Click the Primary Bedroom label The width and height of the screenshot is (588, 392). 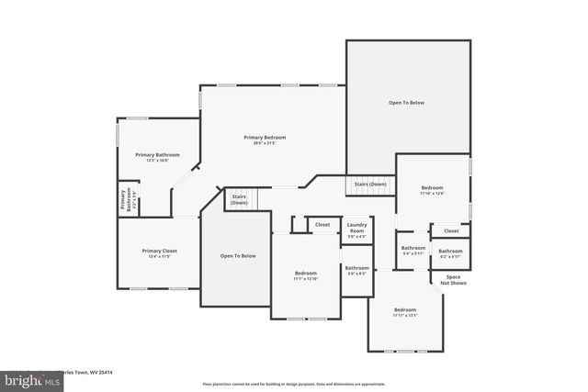click(x=265, y=137)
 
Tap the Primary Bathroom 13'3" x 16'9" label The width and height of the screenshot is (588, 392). click(x=157, y=155)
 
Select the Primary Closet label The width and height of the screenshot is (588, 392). click(x=159, y=251)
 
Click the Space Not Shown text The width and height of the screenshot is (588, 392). click(x=454, y=280)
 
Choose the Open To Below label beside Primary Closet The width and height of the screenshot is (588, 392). click(x=238, y=255)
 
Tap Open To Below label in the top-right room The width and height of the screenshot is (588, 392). click(x=407, y=103)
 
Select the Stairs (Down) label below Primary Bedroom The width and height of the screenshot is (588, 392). click(x=239, y=199)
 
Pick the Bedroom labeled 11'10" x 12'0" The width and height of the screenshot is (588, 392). click(x=432, y=187)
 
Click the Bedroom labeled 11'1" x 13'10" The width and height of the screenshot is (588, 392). click(x=306, y=274)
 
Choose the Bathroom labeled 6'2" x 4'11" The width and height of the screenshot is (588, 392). click(x=450, y=252)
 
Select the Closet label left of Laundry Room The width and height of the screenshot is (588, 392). click(x=322, y=224)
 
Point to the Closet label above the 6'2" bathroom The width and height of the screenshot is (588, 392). click(x=451, y=230)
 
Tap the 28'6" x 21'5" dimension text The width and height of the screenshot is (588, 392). click(x=265, y=143)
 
